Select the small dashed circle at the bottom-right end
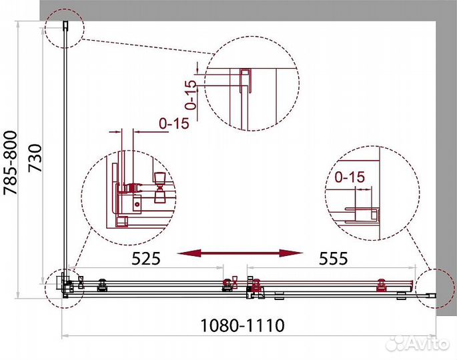[x=437, y=287]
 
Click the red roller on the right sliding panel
[x=382, y=284]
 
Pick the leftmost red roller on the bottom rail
[x=102, y=284]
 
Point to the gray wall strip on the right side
[x=446, y=167]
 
